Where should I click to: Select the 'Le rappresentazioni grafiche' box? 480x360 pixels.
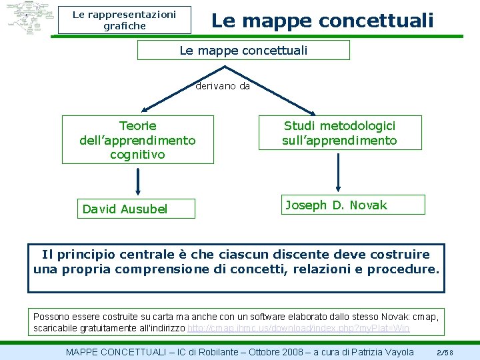click(x=124, y=20)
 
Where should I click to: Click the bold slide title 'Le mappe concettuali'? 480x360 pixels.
click(x=322, y=20)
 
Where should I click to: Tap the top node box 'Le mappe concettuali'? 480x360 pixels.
click(x=243, y=50)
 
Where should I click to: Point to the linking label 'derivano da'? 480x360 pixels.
click(x=223, y=86)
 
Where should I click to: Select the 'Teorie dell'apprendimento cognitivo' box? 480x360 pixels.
click(x=137, y=140)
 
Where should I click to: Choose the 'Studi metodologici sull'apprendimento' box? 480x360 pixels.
click(x=339, y=133)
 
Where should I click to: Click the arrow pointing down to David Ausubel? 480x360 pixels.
click(x=137, y=180)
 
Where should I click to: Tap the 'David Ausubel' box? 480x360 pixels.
click(x=136, y=209)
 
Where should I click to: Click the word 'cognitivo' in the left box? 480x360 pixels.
click(x=137, y=155)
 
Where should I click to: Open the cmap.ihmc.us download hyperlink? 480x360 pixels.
click(x=299, y=329)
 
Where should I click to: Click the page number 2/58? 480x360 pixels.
click(x=445, y=352)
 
